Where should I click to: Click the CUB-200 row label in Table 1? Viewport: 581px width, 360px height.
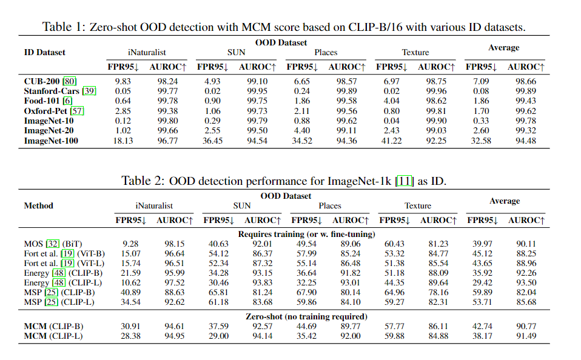[x=42, y=81]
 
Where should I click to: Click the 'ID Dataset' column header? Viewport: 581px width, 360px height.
[x=44, y=52]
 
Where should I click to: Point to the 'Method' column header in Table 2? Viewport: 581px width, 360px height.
[x=38, y=205]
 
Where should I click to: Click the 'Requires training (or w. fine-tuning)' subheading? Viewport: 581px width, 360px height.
[x=306, y=234]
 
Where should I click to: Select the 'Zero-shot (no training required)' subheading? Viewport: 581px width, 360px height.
[x=306, y=316]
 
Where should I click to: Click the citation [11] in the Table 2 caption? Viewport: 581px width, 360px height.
[x=405, y=181]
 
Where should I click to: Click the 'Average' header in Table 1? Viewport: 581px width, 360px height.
[x=503, y=47]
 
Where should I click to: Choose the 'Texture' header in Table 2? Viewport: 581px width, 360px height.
[x=417, y=205]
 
